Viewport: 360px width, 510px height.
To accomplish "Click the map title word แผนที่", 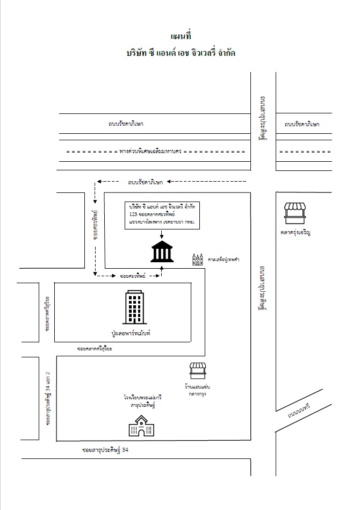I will coord(181,37).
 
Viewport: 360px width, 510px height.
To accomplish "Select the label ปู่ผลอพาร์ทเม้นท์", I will coord(130,334).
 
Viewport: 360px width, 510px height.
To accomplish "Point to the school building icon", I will coord(141,428).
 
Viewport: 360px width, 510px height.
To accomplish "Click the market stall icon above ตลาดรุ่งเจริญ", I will coord(295,212).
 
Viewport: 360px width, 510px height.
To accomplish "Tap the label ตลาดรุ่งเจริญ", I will coord(296,233).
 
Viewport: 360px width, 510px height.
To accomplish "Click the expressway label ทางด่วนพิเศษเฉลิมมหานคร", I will coord(151,152).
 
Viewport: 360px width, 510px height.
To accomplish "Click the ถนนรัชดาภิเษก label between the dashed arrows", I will coord(146,183).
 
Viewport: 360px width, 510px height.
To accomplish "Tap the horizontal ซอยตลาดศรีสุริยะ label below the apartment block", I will coord(98,349).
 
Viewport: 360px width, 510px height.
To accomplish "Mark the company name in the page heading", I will coord(181,54).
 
